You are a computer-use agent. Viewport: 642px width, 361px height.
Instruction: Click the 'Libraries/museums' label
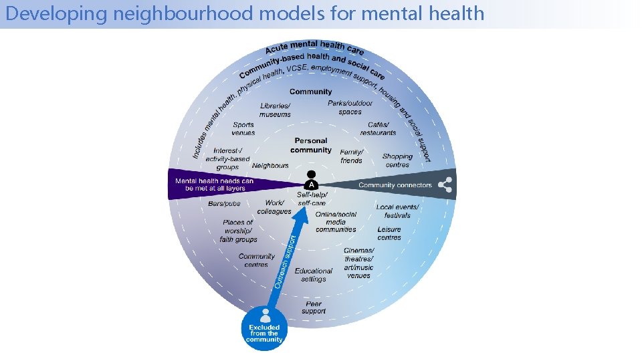point(275,110)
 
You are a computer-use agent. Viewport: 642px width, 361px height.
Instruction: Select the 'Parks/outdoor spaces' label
point(350,108)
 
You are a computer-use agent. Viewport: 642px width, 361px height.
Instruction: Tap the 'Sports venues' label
point(243,128)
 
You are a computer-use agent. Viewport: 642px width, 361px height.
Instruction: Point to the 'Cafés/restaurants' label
point(378,128)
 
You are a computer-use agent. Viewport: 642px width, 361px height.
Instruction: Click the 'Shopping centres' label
point(397,160)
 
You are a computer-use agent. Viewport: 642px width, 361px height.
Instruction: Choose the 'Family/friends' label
point(351,156)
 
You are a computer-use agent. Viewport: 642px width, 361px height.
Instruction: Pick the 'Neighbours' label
point(270,165)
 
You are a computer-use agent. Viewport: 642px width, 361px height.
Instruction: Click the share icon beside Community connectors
point(444,185)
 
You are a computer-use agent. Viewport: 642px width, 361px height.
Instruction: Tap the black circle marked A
point(311,184)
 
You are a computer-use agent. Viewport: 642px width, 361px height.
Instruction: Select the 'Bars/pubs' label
point(224,203)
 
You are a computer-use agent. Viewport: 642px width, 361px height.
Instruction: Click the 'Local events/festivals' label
point(397,211)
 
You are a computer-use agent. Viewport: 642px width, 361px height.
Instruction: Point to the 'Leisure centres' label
point(389,233)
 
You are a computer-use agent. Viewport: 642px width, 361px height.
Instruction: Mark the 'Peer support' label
point(313,308)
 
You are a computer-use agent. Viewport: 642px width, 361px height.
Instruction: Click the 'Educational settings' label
point(313,275)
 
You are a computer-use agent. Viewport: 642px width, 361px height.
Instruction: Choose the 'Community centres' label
point(256,260)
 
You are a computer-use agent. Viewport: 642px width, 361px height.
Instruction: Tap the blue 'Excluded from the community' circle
point(264,328)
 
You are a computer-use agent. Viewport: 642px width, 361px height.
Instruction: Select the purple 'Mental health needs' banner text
point(215,185)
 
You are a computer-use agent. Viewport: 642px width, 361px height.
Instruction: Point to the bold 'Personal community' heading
point(311,145)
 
